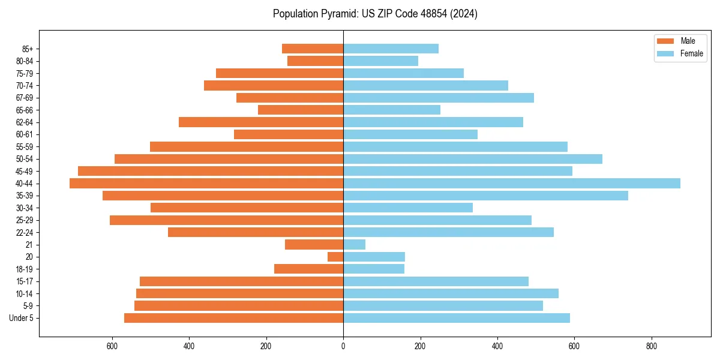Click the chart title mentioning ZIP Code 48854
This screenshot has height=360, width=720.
[x=375, y=14]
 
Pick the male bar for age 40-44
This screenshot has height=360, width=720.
[x=206, y=183]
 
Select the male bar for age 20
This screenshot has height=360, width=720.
[x=335, y=257]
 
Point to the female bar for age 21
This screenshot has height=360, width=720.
[x=354, y=244]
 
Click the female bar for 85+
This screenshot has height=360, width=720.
[x=391, y=49]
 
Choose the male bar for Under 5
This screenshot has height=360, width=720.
[x=233, y=318]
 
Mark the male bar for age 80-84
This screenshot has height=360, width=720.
[x=315, y=61]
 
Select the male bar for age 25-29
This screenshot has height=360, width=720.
[x=226, y=220]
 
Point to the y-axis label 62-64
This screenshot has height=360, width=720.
[x=24, y=122]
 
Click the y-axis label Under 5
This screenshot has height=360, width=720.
[x=21, y=318]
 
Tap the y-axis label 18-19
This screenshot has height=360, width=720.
[x=24, y=269]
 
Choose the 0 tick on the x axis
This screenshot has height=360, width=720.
[x=343, y=346]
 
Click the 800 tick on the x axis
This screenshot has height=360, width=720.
[x=651, y=346]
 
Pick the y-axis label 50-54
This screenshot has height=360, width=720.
[x=24, y=159]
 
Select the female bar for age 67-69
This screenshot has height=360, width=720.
[x=439, y=98]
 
